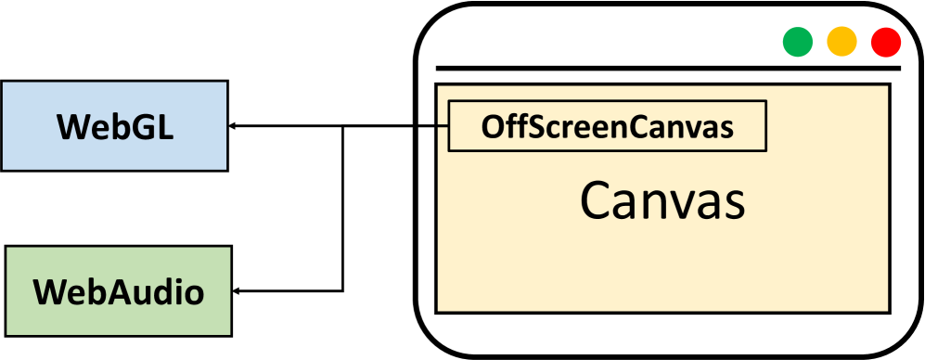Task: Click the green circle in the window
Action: pos(797,42)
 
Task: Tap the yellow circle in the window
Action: pos(841,42)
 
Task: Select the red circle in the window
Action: pos(886,42)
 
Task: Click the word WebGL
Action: pos(115,126)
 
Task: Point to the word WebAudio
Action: pos(119,292)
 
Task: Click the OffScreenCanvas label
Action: pos(608,126)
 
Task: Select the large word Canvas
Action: pos(662,199)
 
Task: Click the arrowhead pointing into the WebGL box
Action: pos(234,126)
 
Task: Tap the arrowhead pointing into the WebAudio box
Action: pos(236,292)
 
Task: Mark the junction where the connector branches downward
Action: pos(344,126)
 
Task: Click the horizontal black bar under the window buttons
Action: pos(668,68)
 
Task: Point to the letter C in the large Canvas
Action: pos(596,199)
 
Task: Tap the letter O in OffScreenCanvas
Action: pos(492,127)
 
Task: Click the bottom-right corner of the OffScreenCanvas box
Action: pos(766,149)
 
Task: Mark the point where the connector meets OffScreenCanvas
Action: pos(449,126)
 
